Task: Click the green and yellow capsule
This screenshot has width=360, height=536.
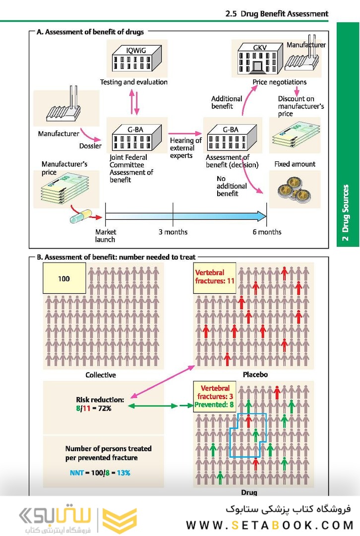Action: click(x=81, y=215)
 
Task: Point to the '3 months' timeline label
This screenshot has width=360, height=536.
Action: click(x=173, y=232)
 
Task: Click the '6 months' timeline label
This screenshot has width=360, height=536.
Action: click(x=267, y=232)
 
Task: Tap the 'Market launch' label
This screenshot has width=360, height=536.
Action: click(x=105, y=236)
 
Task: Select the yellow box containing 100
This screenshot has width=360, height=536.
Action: click(x=64, y=278)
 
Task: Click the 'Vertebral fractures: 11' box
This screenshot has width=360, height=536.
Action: click(x=214, y=277)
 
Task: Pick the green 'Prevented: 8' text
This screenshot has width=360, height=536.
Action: click(x=214, y=404)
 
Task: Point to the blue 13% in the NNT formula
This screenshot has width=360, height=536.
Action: click(x=123, y=473)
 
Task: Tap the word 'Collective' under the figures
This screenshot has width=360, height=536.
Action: click(x=101, y=375)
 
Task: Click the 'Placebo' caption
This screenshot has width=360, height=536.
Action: click(x=254, y=375)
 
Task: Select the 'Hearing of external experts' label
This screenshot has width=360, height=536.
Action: click(x=185, y=148)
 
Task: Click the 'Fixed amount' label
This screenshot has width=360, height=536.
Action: click(x=295, y=164)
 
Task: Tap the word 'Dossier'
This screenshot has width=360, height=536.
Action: click(x=90, y=146)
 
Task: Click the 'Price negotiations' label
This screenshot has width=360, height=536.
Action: click(x=280, y=82)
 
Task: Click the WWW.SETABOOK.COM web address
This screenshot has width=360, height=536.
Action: click(x=270, y=525)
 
